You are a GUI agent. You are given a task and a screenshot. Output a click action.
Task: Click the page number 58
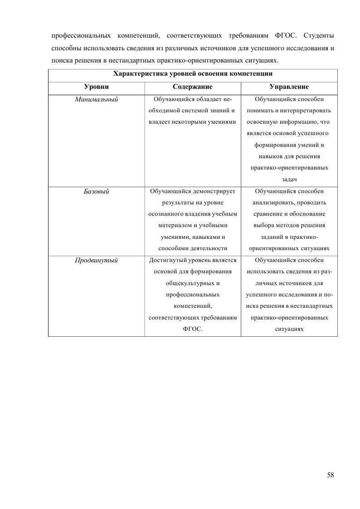tap(330, 475)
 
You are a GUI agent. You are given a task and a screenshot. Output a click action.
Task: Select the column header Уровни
tap(96, 86)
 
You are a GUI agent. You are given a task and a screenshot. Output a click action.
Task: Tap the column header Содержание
tap(193, 86)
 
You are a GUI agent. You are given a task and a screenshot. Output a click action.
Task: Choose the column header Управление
tap(289, 86)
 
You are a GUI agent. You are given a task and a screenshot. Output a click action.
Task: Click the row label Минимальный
tap(96, 99)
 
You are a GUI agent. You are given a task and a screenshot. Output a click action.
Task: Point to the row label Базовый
tap(96, 191)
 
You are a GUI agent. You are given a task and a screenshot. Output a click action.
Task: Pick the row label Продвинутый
tap(96, 260)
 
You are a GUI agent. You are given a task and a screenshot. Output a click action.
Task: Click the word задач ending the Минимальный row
tap(289, 179)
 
